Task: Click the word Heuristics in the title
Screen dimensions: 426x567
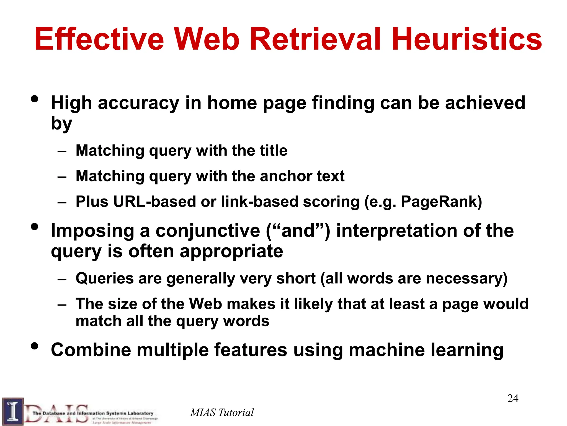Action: point(467,39)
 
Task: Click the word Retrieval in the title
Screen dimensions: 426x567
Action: point(316,39)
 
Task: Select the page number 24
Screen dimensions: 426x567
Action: point(513,398)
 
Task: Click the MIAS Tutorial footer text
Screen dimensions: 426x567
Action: point(222,412)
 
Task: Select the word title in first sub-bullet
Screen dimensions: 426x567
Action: point(274,151)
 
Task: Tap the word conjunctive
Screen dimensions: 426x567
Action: point(208,231)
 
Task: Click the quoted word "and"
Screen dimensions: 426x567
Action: point(298,231)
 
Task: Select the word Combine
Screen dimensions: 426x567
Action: point(91,350)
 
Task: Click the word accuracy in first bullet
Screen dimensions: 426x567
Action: point(139,103)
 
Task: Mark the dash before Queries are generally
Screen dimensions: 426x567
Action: point(62,279)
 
